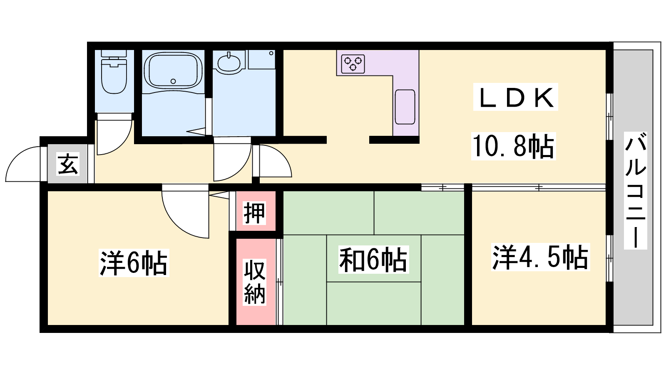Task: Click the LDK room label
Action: click(x=516, y=97)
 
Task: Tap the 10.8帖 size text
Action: click(x=514, y=146)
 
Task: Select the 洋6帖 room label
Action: click(x=134, y=263)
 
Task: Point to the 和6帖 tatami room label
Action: click(x=373, y=260)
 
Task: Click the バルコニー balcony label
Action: click(x=635, y=190)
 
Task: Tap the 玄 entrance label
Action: click(x=68, y=164)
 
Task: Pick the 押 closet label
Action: click(x=254, y=212)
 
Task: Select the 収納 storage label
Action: click(x=254, y=282)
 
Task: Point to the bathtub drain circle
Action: click(x=173, y=81)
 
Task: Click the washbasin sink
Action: click(x=229, y=62)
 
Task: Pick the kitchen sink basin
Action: click(x=405, y=107)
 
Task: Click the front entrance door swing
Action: click(x=23, y=163)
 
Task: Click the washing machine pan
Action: click(x=262, y=60)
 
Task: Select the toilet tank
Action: click(x=114, y=54)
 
